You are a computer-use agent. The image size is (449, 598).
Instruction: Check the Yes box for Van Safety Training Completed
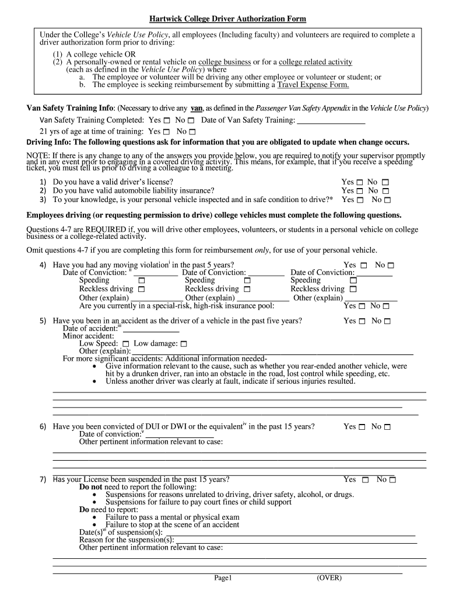[167, 120]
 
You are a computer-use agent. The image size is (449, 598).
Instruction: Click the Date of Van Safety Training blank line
[331, 121]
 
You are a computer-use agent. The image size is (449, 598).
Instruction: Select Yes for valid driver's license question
[359, 182]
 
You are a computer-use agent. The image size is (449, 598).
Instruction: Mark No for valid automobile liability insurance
[385, 191]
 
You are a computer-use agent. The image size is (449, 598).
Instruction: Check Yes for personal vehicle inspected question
[359, 200]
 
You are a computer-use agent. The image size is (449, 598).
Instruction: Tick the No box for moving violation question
[391, 265]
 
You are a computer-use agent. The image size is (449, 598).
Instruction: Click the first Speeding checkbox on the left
[141, 281]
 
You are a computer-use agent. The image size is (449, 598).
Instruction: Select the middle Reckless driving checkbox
[247, 289]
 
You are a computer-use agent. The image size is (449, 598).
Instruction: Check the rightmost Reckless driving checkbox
[353, 289]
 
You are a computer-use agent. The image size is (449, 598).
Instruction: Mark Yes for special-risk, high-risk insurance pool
[360, 306]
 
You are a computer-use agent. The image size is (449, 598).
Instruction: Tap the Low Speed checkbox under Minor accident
[125, 345]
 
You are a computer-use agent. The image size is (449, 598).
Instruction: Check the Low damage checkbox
[184, 345]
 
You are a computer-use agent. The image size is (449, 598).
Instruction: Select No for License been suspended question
[392, 480]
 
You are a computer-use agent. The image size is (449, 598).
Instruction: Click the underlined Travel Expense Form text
[313, 85]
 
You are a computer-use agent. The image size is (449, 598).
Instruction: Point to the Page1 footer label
[223, 578]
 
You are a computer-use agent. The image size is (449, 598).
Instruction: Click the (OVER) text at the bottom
[329, 578]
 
